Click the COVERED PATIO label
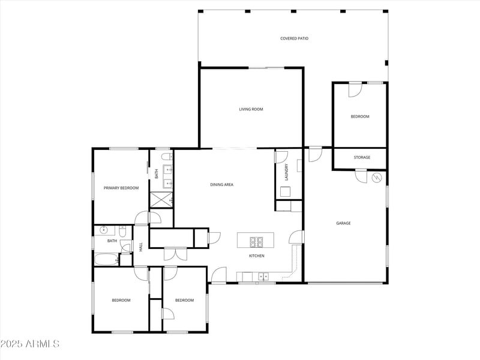(294, 38)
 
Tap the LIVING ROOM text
(251, 109)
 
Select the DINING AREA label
(221, 185)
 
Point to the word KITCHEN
(257, 256)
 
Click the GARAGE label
(343, 223)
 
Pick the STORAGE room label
(362, 158)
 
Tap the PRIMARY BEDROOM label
(121, 188)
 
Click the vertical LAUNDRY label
(287, 172)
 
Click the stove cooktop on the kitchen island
(257, 242)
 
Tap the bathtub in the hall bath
(107, 260)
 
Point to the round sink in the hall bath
(103, 229)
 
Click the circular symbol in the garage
(377, 178)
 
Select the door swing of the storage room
(361, 176)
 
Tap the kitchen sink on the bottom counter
(263, 277)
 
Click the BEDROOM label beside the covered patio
(360, 116)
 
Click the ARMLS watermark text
(30, 344)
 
